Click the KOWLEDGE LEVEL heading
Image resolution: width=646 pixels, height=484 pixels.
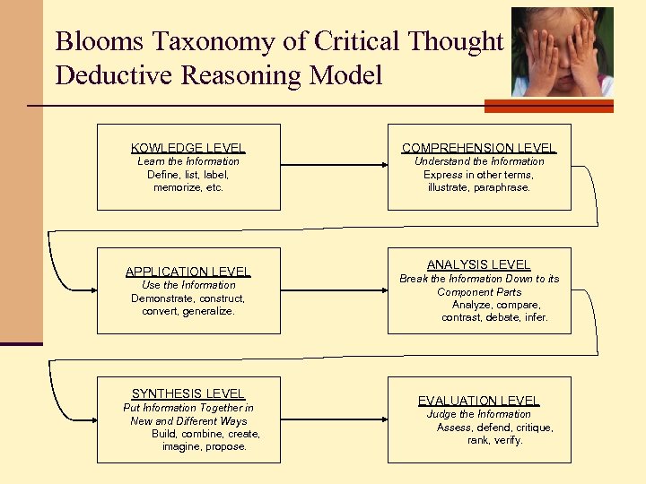pos(188,148)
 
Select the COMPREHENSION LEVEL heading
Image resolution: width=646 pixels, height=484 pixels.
pos(479,148)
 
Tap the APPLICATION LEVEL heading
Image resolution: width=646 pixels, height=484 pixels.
pos(188,272)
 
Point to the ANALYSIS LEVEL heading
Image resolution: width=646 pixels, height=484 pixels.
pos(479,264)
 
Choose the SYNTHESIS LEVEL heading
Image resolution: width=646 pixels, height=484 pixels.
pos(188,393)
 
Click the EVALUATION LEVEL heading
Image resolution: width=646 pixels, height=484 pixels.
pos(479,401)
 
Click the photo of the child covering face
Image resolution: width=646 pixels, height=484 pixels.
pos(563,52)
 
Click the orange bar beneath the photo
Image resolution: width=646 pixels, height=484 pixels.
pos(548,106)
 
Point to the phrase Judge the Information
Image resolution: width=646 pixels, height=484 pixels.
pos(479,414)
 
